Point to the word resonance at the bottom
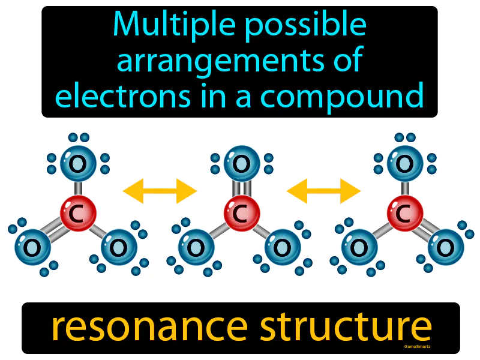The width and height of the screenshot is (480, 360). point(148,327)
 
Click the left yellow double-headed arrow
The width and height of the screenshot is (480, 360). point(160,191)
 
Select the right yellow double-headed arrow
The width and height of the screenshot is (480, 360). point(323,191)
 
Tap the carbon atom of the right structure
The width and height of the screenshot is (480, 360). point(405,211)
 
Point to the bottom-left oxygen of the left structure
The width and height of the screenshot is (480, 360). point(33,247)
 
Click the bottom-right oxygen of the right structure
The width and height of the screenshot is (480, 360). point(446,247)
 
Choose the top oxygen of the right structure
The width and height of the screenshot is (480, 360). point(405,163)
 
